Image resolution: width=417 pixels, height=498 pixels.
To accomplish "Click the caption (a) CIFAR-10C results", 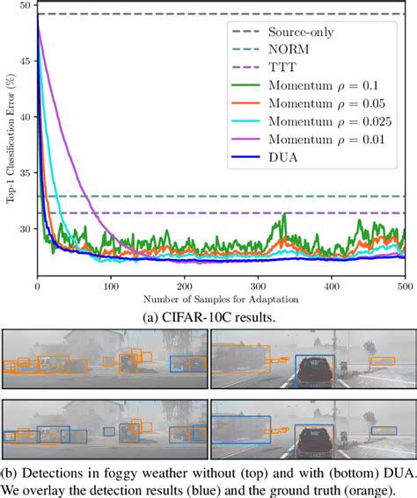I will [208, 315].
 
